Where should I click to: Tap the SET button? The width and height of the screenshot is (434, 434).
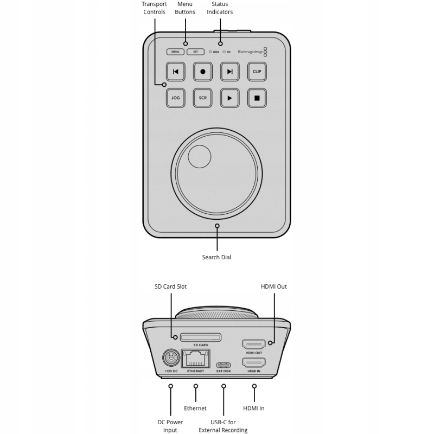click(x=195, y=52)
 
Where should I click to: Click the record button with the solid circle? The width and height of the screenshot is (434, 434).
click(x=203, y=71)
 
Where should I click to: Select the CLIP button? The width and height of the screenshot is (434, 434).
click(x=257, y=71)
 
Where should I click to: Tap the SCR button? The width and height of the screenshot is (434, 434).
click(x=203, y=98)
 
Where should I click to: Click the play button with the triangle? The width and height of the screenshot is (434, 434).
click(x=230, y=98)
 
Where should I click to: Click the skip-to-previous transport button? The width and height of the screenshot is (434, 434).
click(x=175, y=71)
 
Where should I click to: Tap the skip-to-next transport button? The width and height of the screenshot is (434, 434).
click(x=230, y=71)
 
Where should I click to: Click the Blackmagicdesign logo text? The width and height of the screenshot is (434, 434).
click(x=250, y=52)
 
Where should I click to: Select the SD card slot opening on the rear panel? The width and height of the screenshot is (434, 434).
click(x=200, y=337)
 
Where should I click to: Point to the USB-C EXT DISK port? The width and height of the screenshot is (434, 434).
click(x=224, y=365)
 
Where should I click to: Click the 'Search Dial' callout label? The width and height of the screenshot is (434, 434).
click(x=216, y=257)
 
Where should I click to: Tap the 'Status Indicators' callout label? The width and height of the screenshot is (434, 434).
click(x=220, y=8)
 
